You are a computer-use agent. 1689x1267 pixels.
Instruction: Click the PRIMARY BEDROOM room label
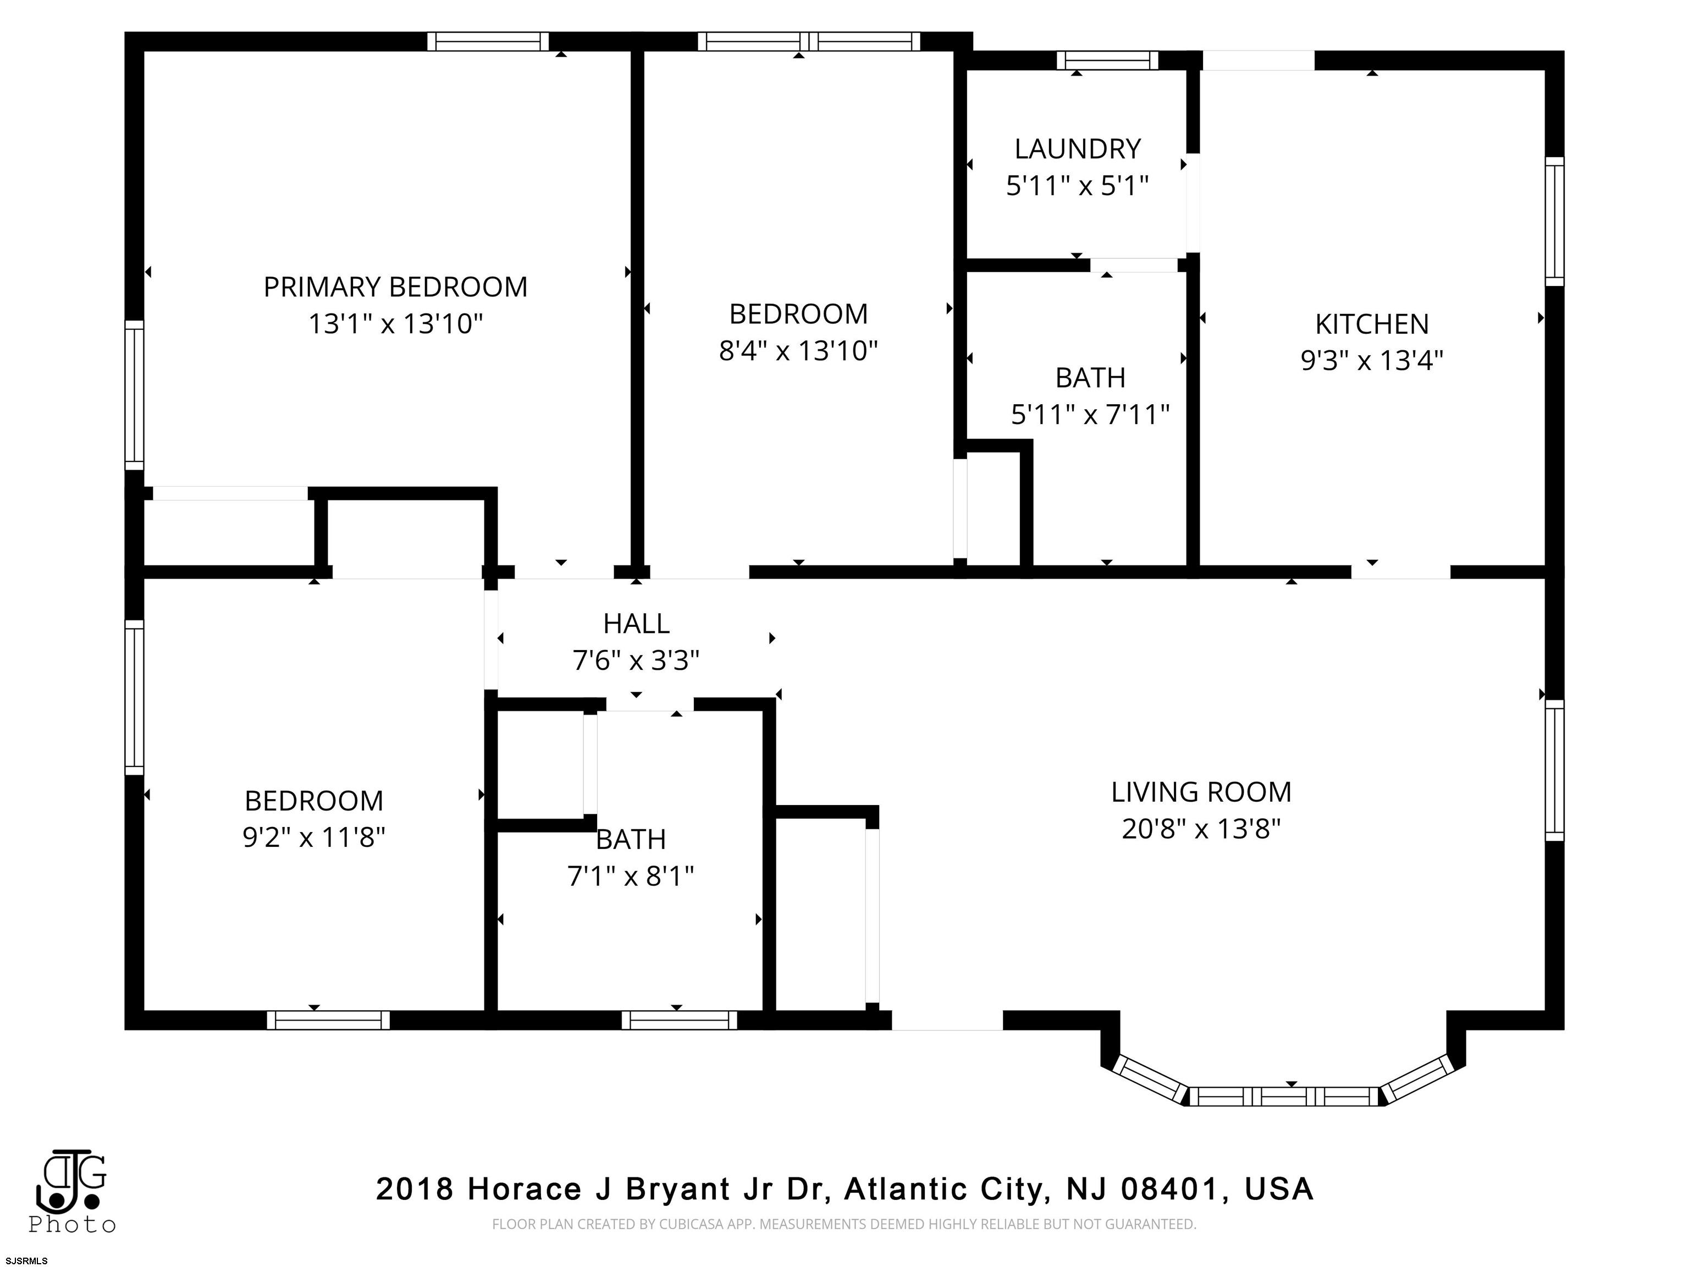pos(395,287)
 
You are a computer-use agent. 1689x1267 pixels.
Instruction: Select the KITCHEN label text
pos(1371,324)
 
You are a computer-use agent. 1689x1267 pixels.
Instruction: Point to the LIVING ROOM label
pos(1201,792)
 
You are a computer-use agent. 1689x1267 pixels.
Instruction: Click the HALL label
pos(636,624)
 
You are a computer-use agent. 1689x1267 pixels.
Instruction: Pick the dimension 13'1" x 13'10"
pos(395,324)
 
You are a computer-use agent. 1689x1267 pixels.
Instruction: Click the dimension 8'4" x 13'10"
pos(799,350)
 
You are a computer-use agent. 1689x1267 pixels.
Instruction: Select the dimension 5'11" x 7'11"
pos(1090,415)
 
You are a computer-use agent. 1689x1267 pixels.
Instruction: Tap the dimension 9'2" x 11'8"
pos(314,838)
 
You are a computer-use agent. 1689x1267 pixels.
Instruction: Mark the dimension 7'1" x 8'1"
pos(631,876)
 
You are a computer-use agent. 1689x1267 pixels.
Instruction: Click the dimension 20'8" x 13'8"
pos(1201,829)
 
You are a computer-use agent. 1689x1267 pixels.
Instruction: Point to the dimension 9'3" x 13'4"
pos(1371,361)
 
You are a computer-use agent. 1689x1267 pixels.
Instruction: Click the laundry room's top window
pos(1107,60)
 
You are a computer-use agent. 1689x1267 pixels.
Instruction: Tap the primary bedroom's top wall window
pos(488,41)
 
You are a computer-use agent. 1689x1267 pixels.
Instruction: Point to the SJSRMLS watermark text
pos(26,1261)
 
